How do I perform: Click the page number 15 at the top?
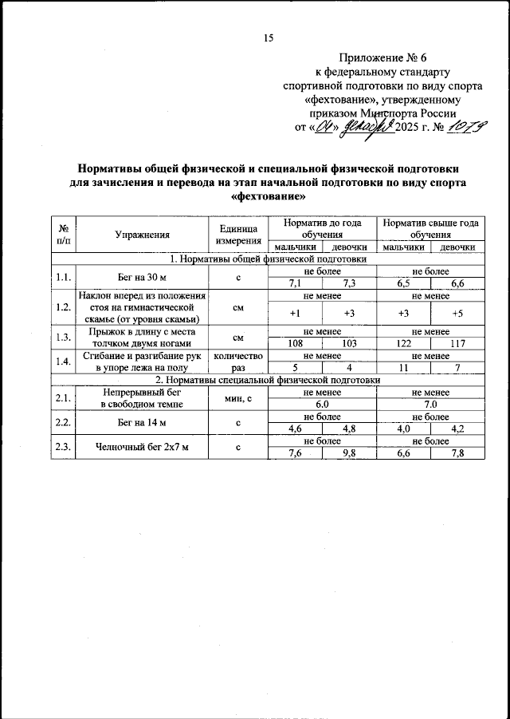pos(269,38)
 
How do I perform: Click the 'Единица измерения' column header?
pos(237,234)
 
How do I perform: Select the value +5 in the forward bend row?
pos(457,313)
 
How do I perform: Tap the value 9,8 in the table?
pos(348,454)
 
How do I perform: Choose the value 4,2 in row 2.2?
pos(457,428)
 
